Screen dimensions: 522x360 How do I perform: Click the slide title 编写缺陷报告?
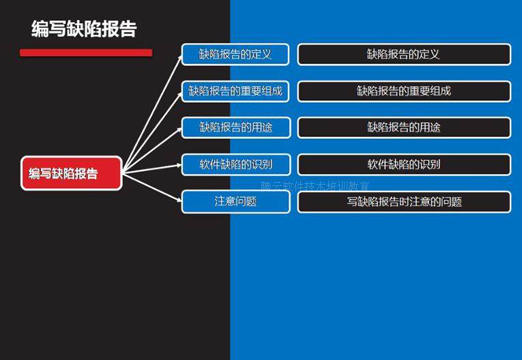point(84,29)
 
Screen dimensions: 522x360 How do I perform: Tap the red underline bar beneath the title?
point(86,52)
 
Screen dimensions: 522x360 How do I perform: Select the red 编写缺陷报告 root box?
point(72,173)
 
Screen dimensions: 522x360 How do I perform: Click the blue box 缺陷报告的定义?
point(235,54)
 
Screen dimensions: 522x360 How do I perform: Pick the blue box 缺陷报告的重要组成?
point(235,91)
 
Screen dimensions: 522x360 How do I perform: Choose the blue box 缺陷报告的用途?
point(235,127)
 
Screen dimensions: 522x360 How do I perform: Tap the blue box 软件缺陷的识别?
point(235,164)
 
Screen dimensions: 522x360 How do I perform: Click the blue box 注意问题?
point(235,201)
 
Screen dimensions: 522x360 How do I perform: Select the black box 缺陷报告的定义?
point(403,54)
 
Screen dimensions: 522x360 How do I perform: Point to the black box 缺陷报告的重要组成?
point(403,91)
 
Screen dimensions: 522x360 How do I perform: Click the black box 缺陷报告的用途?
point(403,127)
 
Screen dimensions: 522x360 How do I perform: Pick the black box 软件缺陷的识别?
point(403,164)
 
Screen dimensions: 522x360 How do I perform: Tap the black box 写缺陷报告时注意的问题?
point(403,201)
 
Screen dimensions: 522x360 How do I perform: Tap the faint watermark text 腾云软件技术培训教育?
point(315,185)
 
